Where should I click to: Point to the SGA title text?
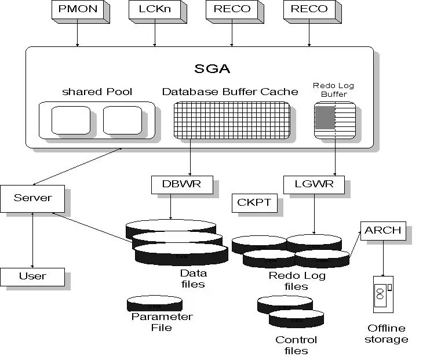tap(212, 68)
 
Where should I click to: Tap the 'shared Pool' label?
tap(97, 92)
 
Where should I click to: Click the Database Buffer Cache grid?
tap(232, 121)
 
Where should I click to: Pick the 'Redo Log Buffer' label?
tap(334, 90)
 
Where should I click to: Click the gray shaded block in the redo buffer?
tap(325, 118)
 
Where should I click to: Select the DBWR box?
tap(182, 185)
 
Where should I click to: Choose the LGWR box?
tap(314, 185)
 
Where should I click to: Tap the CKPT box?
tap(254, 203)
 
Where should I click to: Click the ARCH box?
tap(383, 231)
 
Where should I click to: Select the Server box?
tap(32, 199)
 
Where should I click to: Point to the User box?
tap(32, 277)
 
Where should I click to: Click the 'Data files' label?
tap(194, 278)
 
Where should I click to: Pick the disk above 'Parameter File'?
tap(155, 303)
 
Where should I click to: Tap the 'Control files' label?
tap(296, 345)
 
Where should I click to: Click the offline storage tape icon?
tap(383, 294)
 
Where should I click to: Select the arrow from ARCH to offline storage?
tap(383, 258)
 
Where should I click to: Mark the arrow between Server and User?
tap(32, 240)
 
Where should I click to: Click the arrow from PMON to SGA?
tap(77, 35)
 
